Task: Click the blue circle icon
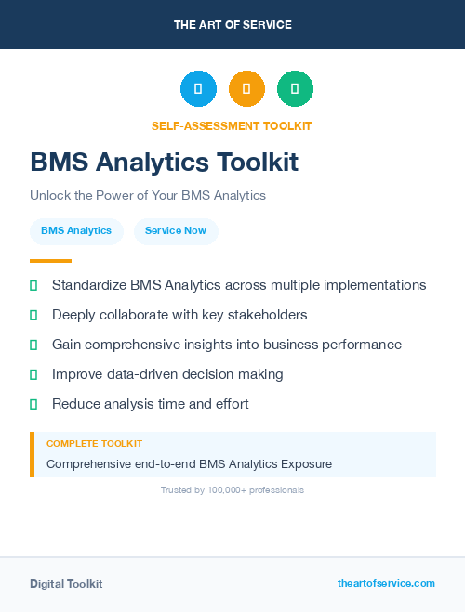click(198, 88)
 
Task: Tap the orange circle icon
click(246, 88)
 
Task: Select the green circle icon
click(295, 88)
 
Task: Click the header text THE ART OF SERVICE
click(232, 24)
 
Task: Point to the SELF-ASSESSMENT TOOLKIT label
click(232, 125)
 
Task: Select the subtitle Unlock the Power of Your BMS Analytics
click(148, 195)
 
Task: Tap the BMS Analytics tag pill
click(76, 230)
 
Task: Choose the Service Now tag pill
click(176, 230)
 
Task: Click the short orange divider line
click(50, 260)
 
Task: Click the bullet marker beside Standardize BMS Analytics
click(33, 285)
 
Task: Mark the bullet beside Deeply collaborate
click(33, 315)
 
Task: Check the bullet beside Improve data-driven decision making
click(33, 374)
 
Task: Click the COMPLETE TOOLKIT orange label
click(94, 444)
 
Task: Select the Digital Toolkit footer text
click(66, 583)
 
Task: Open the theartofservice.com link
click(386, 583)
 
